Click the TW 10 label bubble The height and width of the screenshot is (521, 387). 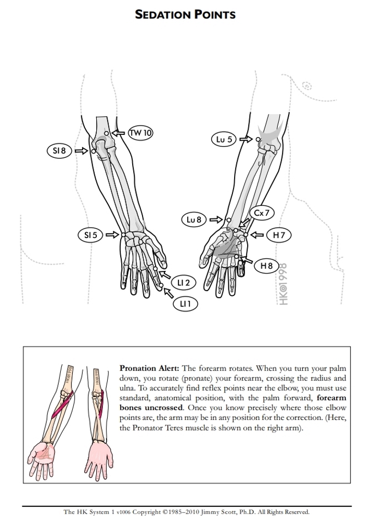point(141,133)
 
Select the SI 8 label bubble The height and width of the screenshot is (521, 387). point(60,151)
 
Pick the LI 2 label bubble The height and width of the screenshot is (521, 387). point(184,283)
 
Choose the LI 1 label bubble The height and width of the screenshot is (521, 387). point(185,303)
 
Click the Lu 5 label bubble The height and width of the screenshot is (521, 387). point(225,139)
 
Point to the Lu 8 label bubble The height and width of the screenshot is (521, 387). point(194,220)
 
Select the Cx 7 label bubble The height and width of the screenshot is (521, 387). point(262,213)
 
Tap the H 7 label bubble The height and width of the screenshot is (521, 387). point(279,235)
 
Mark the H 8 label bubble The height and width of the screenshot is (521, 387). point(266,266)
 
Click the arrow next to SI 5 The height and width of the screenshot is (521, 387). point(112,235)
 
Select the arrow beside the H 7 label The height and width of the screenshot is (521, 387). point(257,235)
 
